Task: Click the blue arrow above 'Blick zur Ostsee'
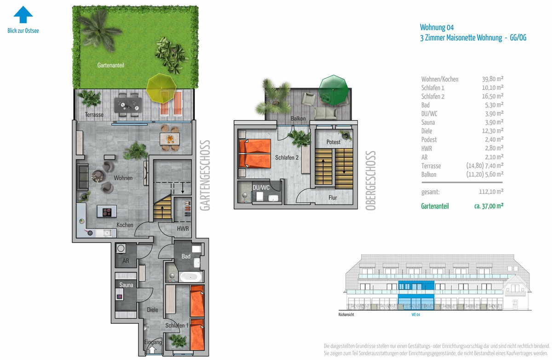point(23,15)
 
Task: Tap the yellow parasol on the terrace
point(161,88)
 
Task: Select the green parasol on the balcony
point(333,90)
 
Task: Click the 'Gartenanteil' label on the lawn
point(111,65)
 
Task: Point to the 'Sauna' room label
point(126,285)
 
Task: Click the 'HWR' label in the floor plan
point(183,229)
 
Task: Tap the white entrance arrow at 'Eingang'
point(152,349)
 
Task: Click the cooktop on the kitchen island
point(107,212)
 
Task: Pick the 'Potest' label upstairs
point(333,142)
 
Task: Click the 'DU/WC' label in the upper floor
point(261,188)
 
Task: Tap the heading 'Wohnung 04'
point(437,27)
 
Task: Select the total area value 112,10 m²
point(491,192)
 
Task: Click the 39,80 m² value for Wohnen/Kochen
point(493,79)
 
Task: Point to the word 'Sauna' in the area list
point(428,122)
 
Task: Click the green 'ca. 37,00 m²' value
point(489,206)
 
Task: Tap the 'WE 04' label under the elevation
point(416,314)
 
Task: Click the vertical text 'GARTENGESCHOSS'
point(205,175)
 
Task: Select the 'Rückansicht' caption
point(346,314)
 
